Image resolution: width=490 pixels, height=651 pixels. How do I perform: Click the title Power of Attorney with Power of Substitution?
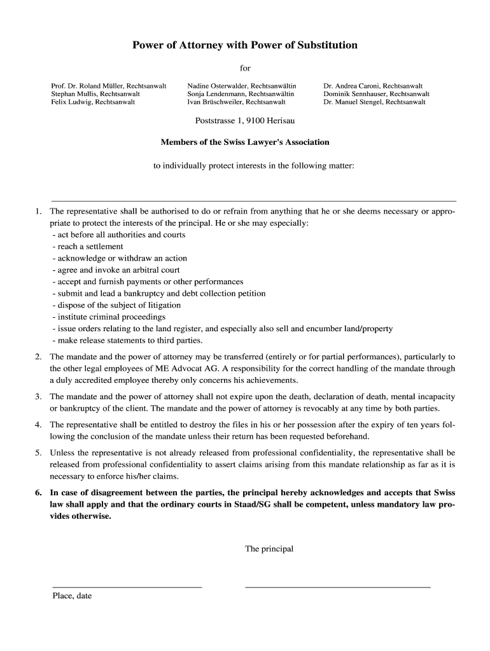pos(245,45)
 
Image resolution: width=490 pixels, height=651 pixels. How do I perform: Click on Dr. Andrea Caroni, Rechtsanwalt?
pos(373,85)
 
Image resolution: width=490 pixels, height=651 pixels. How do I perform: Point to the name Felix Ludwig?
pos(71,102)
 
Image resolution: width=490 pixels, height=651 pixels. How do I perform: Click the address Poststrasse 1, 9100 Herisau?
pos(245,120)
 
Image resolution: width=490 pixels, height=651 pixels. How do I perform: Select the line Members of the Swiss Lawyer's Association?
pos(245,142)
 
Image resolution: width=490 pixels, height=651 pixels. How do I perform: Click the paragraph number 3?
pos(38,397)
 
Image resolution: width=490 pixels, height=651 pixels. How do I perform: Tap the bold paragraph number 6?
pos(38,493)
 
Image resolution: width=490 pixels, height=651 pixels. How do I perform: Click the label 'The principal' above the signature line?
pos(269,549)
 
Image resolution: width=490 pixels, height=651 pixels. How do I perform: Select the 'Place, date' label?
pos(72,596)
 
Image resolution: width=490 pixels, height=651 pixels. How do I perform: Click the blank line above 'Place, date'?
pos(127,586)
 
